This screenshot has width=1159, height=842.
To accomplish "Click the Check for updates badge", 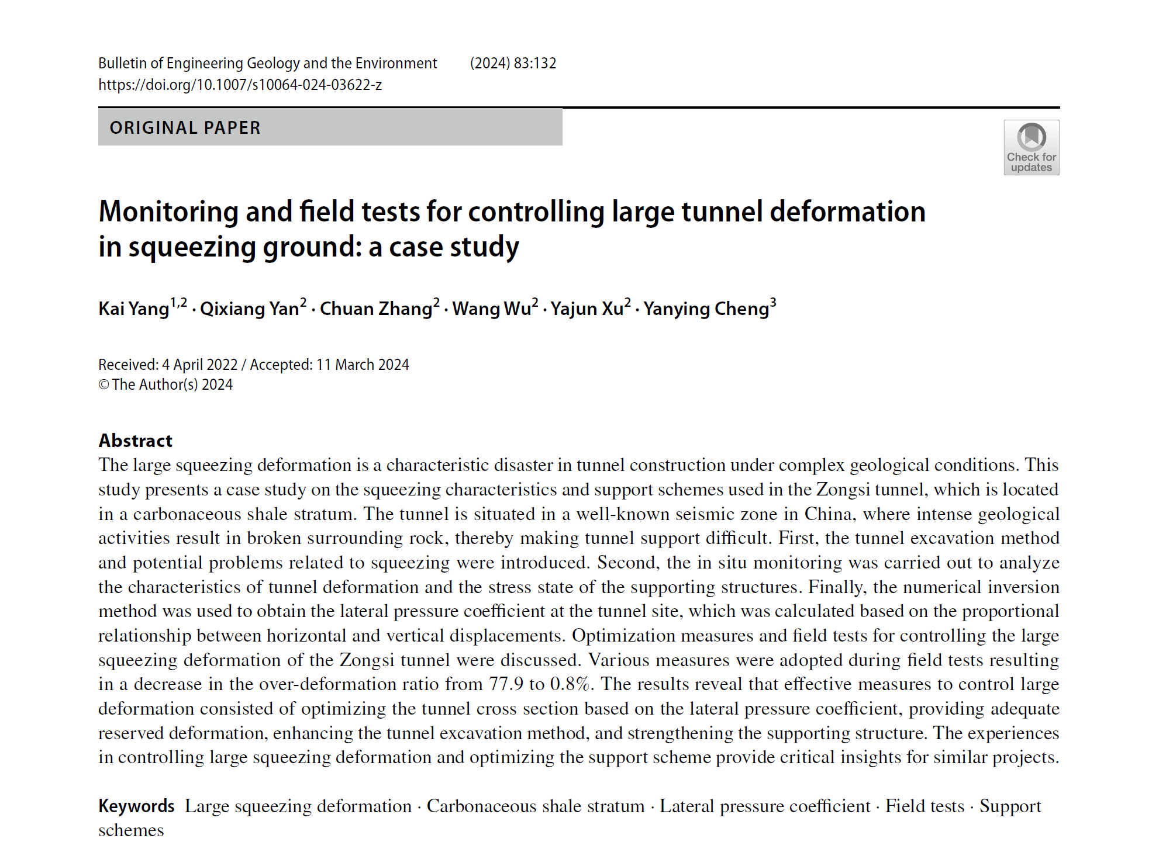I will [x=1031, y=147].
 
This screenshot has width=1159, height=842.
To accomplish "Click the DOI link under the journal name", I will [x=240, y=85].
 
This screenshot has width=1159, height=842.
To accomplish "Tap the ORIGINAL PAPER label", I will [x=185, y=128].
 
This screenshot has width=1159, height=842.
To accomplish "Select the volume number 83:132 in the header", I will [x=535, y=63].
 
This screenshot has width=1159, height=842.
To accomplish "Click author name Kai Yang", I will [x=134, y=309].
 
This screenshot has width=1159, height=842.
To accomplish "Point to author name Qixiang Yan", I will [x=249, y=309].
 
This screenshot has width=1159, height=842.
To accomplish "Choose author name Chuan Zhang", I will [x=375, y=309].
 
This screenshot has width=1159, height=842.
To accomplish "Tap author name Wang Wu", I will [x=491, y=309].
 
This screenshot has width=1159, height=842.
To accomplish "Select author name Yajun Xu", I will [x=587, y=309].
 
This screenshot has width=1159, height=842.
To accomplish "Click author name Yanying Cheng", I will [x=706, y=309].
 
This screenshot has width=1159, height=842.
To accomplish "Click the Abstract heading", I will [x=135, y=441].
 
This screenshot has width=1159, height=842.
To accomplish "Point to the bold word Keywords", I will [x=136, y=806].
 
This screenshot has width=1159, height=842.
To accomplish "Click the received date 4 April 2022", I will [x=199, y=365].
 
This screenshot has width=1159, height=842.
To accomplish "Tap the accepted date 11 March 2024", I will [x=362, y=365].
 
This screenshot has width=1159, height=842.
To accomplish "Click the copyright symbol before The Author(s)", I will [x=104, y=384].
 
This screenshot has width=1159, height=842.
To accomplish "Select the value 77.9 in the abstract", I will [x=506, y=684].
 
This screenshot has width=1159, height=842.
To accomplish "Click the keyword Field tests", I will [x=925, y=806].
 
